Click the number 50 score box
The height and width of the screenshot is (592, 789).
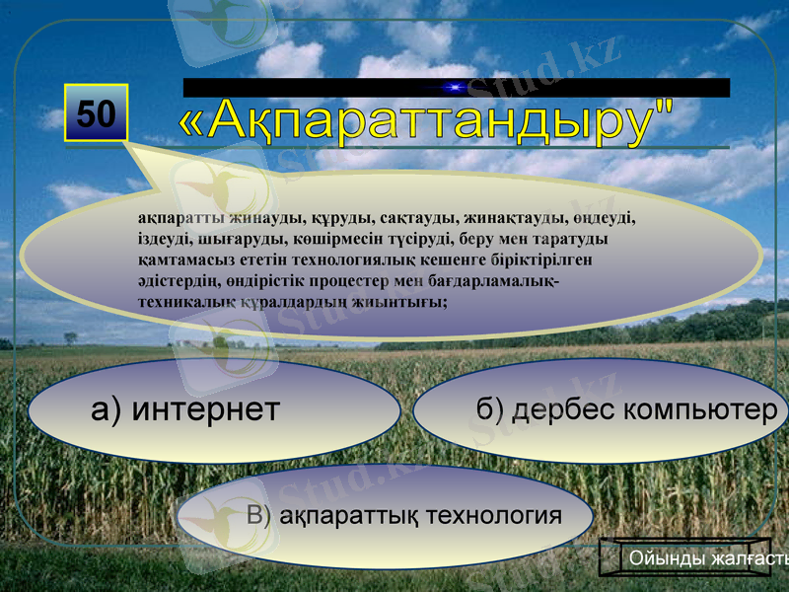click(96, 113)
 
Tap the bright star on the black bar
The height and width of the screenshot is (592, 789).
click(456, 88)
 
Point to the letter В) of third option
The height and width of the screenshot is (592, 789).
click(259, 515)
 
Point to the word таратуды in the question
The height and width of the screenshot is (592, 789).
click(570, 240)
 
